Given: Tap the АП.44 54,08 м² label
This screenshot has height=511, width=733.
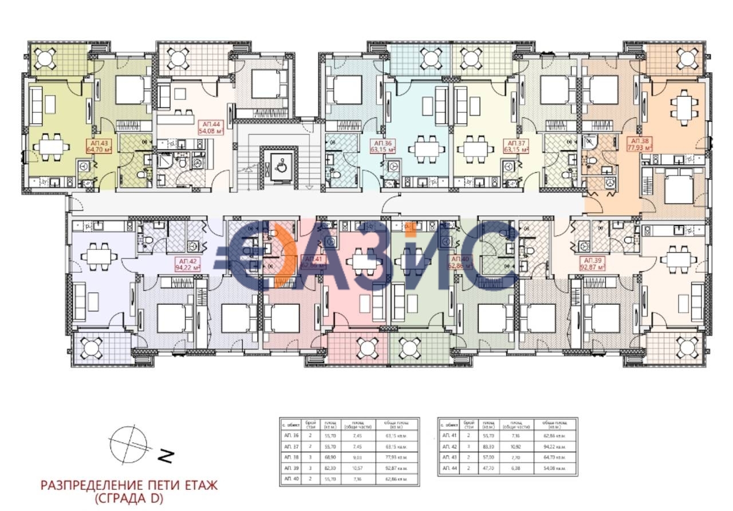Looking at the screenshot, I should tap(210, 127).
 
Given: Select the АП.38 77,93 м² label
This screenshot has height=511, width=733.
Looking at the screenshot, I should tap(641, 144).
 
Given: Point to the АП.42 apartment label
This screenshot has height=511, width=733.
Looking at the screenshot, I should tap(187, 264).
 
